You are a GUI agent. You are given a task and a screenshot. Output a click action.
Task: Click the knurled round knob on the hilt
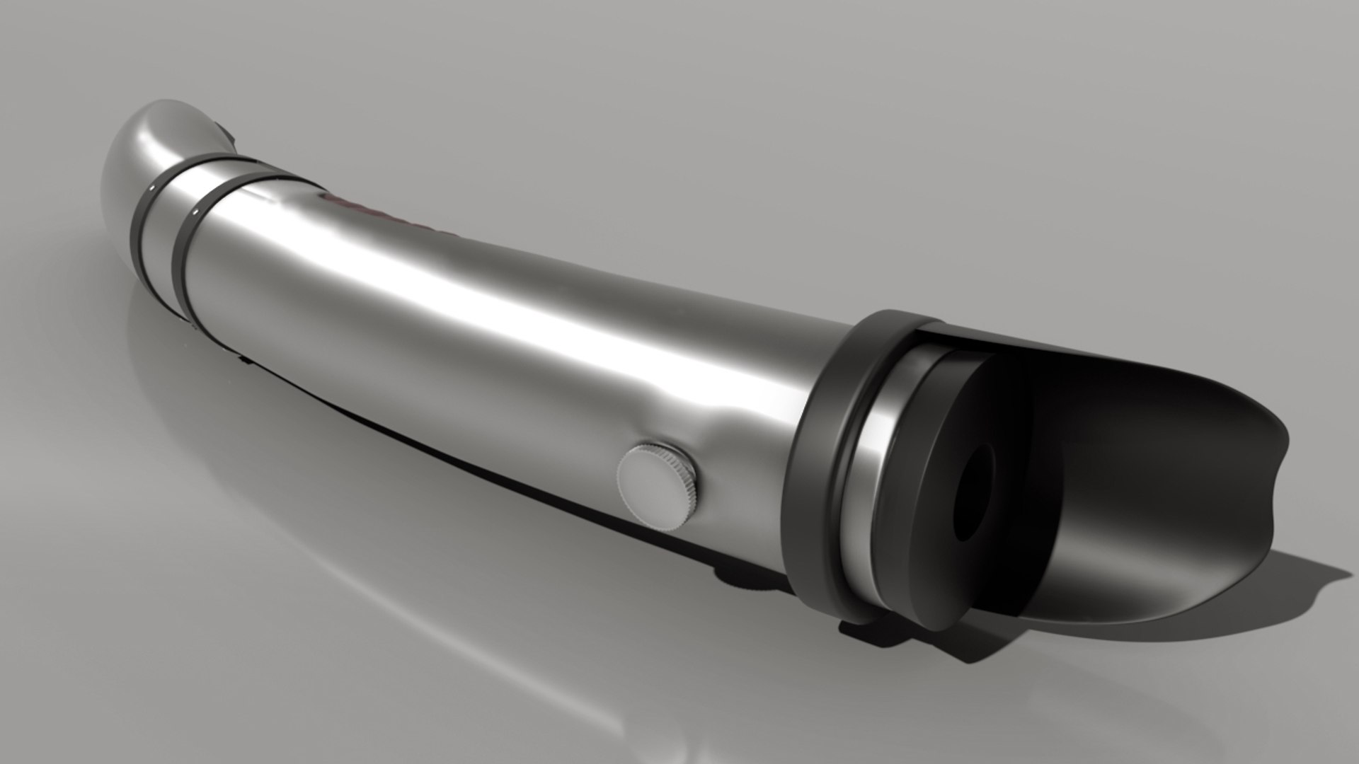657,487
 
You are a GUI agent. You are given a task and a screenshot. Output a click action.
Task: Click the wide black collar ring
821,453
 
